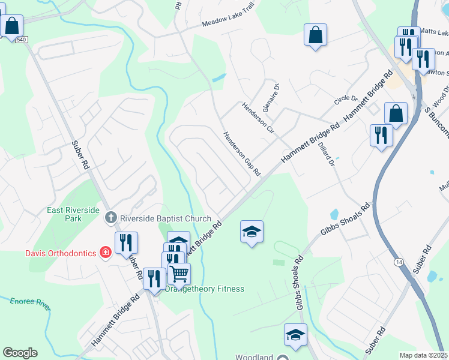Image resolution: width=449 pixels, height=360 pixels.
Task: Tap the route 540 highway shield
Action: pyautogui.click(x=22, y=40)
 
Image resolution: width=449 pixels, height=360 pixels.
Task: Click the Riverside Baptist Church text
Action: pyautogui.click(x=166, y=219)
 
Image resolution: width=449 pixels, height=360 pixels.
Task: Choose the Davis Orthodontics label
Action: pyautogui.click(x=61, y=253)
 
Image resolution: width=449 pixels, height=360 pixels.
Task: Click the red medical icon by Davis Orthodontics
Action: pyautogui.click(x=106, y=252)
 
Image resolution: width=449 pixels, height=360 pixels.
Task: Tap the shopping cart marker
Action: pyautogui.click(x=179, y=274)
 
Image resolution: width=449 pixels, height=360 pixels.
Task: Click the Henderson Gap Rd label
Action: pyautogui.click(x=242, y=154)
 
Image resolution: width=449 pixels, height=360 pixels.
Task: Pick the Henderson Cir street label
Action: pyautogui.click(x=258, y=117)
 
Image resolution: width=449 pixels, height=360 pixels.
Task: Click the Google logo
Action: pyautogui.click(x=20, y=353)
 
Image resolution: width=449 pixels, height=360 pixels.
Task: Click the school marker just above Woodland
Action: pyautogui.click(x=295, y=335)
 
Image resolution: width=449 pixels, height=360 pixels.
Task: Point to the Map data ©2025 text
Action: pyautogui.click(x=424, y=355)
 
